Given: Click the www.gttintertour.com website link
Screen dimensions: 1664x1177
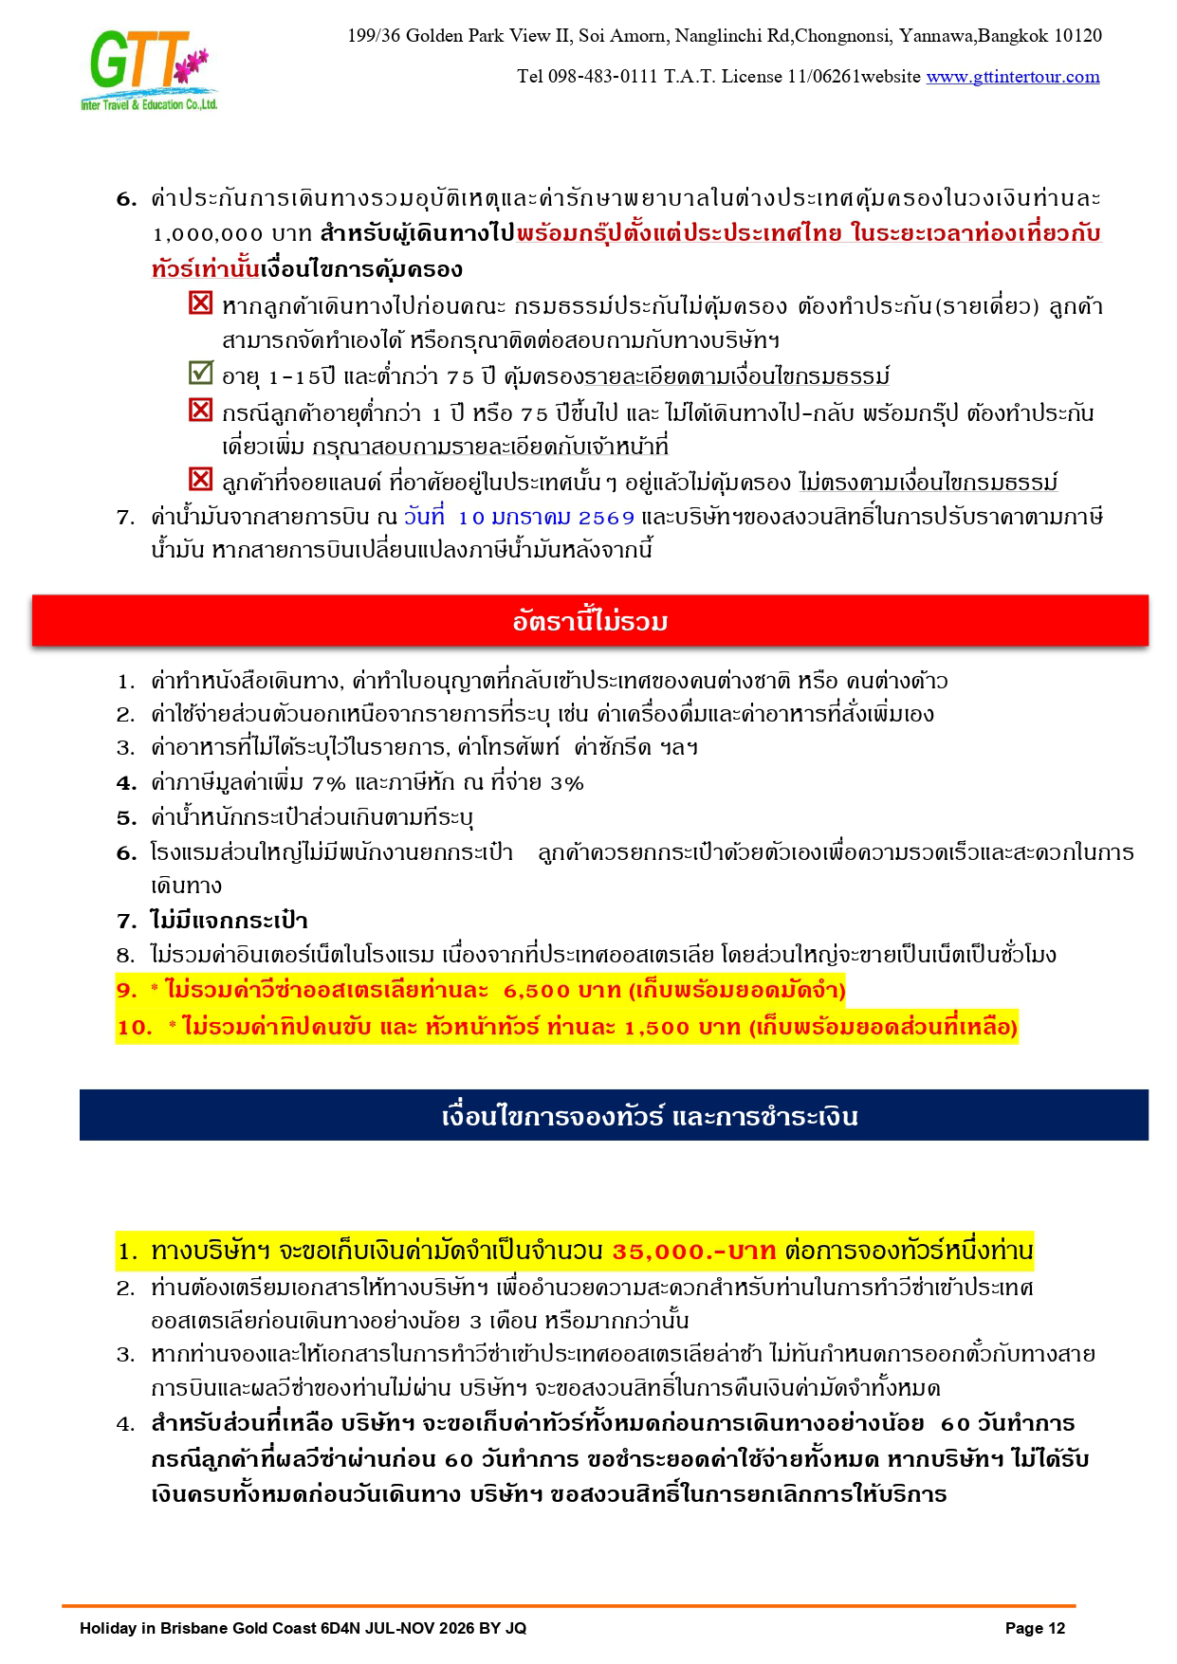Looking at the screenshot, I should click(1013, 77).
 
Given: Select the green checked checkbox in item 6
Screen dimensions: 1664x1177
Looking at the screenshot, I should click(200, 373).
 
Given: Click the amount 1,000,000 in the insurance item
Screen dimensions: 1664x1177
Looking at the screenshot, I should click(208, 234).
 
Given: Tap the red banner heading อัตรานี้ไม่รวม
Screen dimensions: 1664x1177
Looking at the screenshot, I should click(590, 621).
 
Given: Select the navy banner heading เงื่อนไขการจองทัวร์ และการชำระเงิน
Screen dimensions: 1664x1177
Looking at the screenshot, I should click(650, 1116).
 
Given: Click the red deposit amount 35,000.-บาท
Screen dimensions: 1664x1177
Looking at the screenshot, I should click(694, 1252).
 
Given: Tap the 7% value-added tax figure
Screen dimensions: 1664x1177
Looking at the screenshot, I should click(329, 783).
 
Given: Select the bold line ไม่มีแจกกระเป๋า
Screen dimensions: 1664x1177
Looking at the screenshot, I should click(229, 921).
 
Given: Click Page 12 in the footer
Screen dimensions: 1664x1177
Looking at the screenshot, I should click(1035, 1629).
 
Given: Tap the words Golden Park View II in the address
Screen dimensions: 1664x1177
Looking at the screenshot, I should click(488, 36).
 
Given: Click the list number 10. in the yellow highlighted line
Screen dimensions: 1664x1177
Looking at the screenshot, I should click(134, 1028).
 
